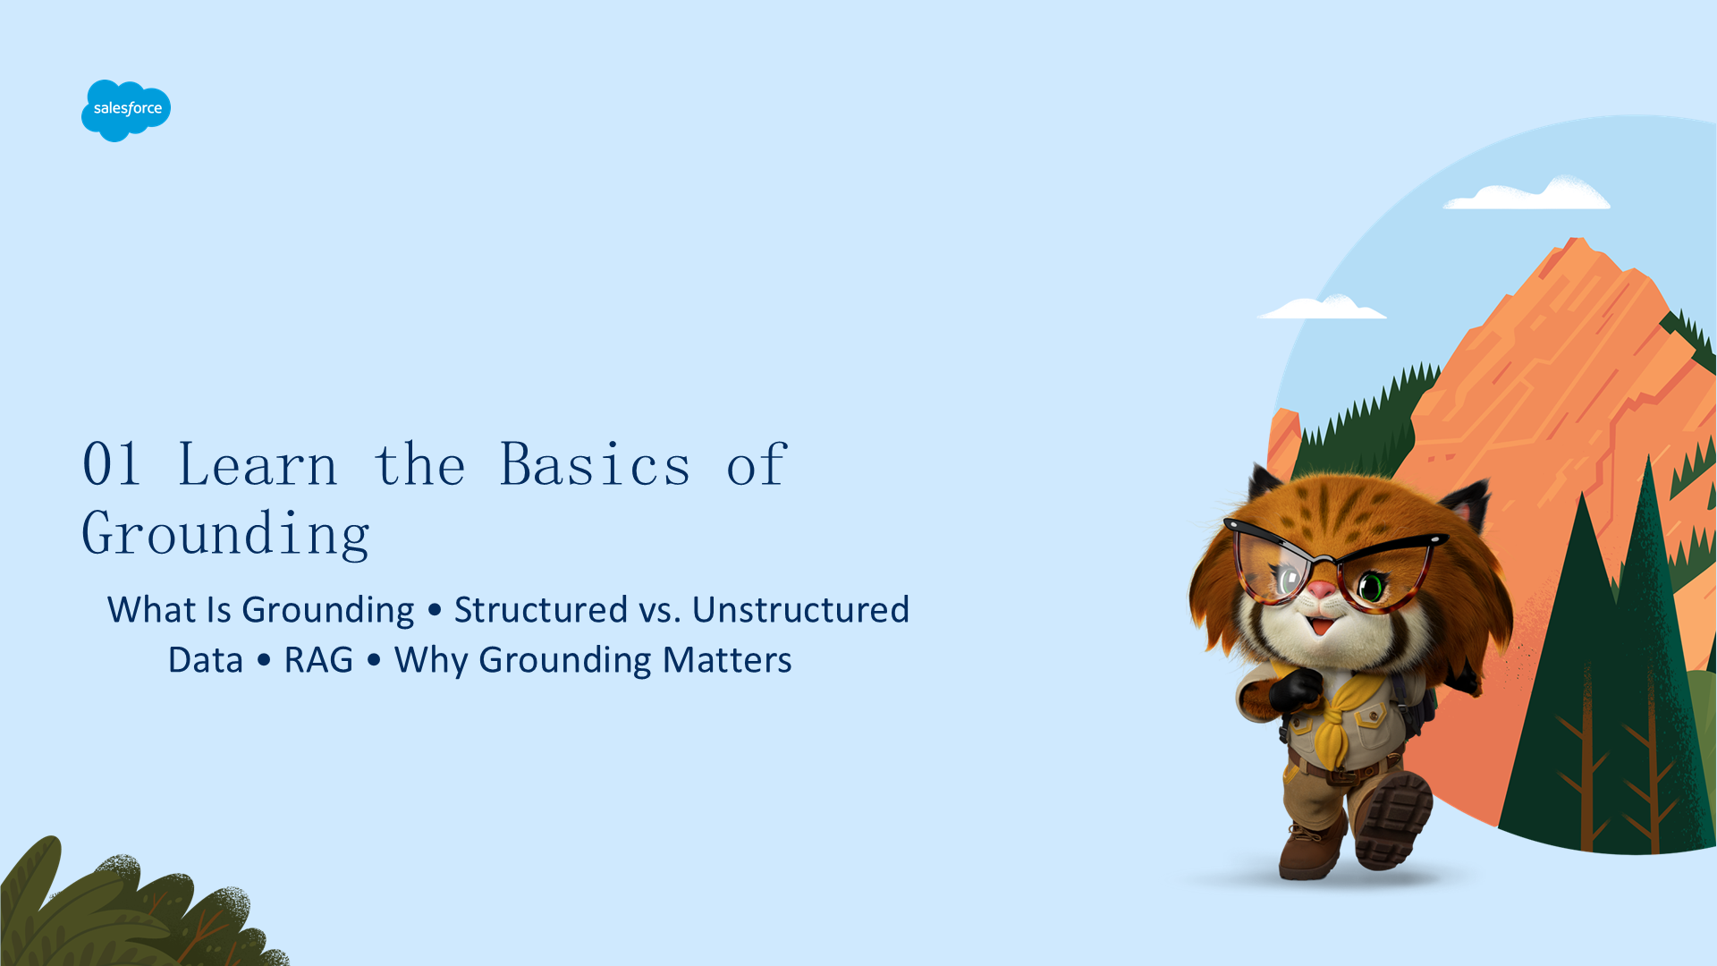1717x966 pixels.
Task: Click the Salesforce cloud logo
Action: [126, 110]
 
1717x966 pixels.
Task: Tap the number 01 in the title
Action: [112, 464]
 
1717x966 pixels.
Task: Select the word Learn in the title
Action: [258, 464]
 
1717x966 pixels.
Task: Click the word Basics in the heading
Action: [595, 464]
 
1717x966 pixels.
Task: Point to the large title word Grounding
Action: [225, 534]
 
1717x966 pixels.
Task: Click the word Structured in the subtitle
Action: [541, 610]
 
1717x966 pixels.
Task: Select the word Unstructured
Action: [800, 610]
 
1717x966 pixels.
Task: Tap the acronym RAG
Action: [318, 660]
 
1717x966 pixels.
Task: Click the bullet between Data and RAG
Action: [264, 661]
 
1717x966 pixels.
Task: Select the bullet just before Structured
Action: [435, 611]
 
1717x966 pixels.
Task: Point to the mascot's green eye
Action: [1370, 587]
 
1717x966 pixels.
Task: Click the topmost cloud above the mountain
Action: [1527, 194]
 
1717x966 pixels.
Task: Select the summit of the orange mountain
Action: [1576, 240]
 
